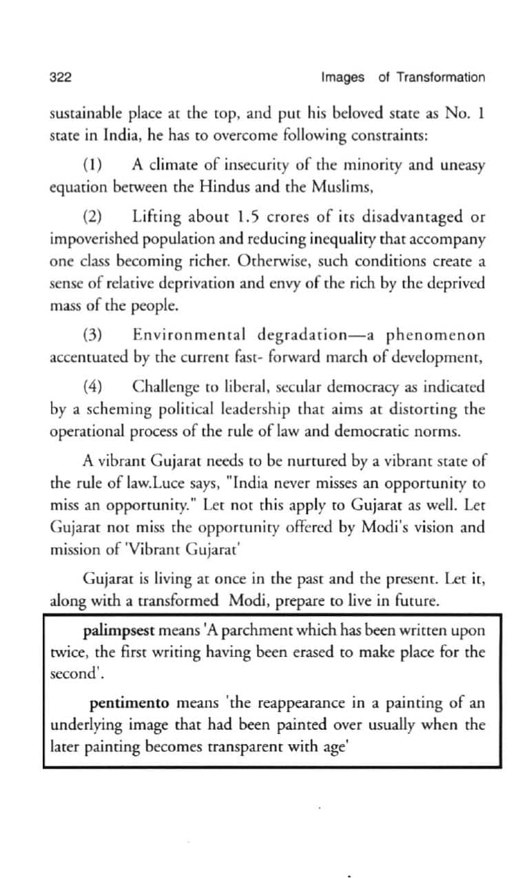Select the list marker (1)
(x=92, y=165)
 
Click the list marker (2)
(x=92, y=218)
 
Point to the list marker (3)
(x=92, y=336)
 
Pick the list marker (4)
(x=92, y=387)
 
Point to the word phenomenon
(x=435, y=336)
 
